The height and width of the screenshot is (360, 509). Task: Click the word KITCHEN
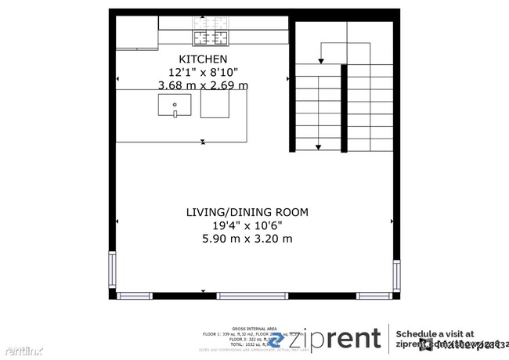tap(203, 59)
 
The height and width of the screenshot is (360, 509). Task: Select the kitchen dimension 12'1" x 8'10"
tap(203, 72)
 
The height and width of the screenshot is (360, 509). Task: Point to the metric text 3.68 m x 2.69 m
tap(203, 85)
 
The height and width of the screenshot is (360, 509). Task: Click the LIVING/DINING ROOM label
tap(247, 212)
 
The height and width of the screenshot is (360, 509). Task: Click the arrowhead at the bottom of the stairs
tap(319, 146)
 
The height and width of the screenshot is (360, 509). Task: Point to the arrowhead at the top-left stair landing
tap(319, 59)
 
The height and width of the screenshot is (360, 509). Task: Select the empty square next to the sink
tap(214, 105)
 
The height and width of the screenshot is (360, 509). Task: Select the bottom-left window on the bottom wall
tap(134, 296)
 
